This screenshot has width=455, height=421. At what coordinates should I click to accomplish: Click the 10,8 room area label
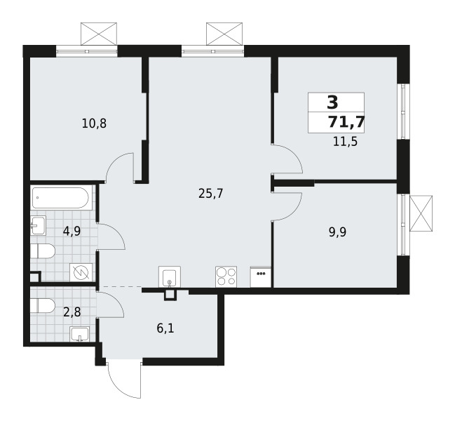(x=95, y=124)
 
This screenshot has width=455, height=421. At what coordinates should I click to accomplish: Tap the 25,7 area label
(x=210, y=194)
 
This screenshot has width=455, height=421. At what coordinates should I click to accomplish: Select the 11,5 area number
(x=345, y=142)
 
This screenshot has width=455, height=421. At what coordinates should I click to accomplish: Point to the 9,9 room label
(x=338, y=232)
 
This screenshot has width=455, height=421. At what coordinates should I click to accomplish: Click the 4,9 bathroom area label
(x=72, y=232)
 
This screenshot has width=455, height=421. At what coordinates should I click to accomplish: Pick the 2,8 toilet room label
(x=72, y=312)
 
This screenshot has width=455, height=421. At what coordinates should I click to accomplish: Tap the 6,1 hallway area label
(x=165, y=328)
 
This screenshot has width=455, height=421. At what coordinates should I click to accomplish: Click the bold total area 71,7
(x=346, y=122)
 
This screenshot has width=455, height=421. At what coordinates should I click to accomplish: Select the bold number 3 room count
(x=332, y=102)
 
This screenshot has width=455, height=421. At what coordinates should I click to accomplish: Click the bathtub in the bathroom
(x=60, y=198)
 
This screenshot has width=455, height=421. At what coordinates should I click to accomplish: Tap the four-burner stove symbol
(x=226, y=276)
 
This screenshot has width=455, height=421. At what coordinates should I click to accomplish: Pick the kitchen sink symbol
(x=170, y=276)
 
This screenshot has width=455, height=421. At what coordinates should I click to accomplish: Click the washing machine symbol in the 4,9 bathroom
(x=81, y=272)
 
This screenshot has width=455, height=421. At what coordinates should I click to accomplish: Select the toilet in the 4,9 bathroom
(x=43, y=251)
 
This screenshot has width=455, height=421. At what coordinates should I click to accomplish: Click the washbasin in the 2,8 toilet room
(x=79, y=334)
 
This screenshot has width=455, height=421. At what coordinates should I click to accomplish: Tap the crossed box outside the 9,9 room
(x=421, y=213)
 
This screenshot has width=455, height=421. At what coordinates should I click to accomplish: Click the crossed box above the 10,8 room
(x=99, y=34)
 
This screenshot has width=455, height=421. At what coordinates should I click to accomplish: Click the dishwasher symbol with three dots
(x=261, y=276)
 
